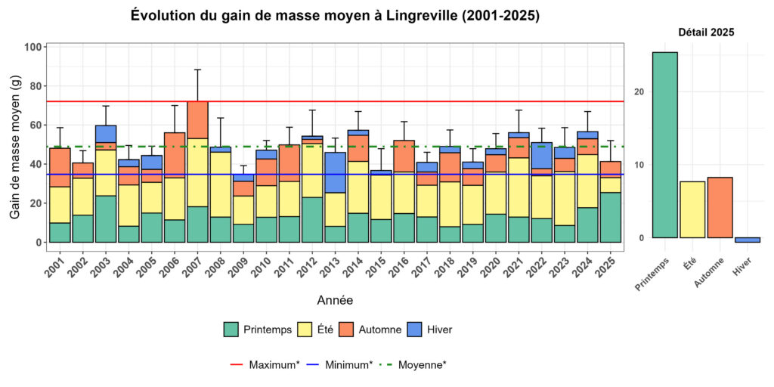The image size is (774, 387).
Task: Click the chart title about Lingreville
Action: pyautogui.click(x=335, y=16)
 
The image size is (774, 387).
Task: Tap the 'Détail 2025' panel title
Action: pyautogui.click(x=706, y=33)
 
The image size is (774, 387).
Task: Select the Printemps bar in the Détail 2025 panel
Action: pyautogui.click(x=654, y=144)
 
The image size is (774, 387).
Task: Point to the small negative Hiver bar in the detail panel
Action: pyautogui.click(x=747, y=240)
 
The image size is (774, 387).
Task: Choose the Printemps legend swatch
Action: pyautogui.click(x=231, y=330)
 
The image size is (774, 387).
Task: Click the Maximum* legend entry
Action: pyautogui.click(x=265, y=364)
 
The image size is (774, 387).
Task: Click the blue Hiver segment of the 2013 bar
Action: pyautogui.click(x=336, y=172)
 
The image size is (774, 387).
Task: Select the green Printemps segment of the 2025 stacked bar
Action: pyautogui.click(x=611, y=217)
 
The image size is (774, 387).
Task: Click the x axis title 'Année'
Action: pyautogui.click(x=334, y=300)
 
